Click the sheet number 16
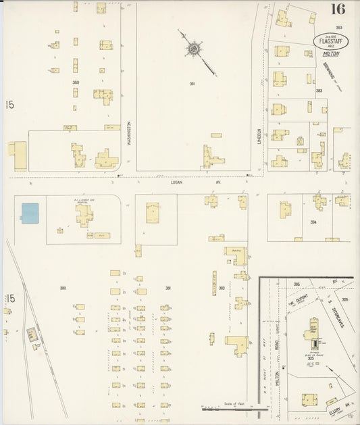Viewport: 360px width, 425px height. point(338,9)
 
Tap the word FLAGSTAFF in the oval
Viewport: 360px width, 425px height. point(327,39)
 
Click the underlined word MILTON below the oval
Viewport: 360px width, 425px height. point(331,53)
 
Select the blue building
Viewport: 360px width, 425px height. point(30,213)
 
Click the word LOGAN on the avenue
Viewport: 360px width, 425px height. point(176,182)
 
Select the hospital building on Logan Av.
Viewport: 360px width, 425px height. point(84,214)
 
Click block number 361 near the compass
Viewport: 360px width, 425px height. point(193,84)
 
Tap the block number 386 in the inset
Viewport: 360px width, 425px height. point(296,284)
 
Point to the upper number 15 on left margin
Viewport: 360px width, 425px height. point(9,105)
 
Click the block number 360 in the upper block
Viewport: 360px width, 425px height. point(76,82)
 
